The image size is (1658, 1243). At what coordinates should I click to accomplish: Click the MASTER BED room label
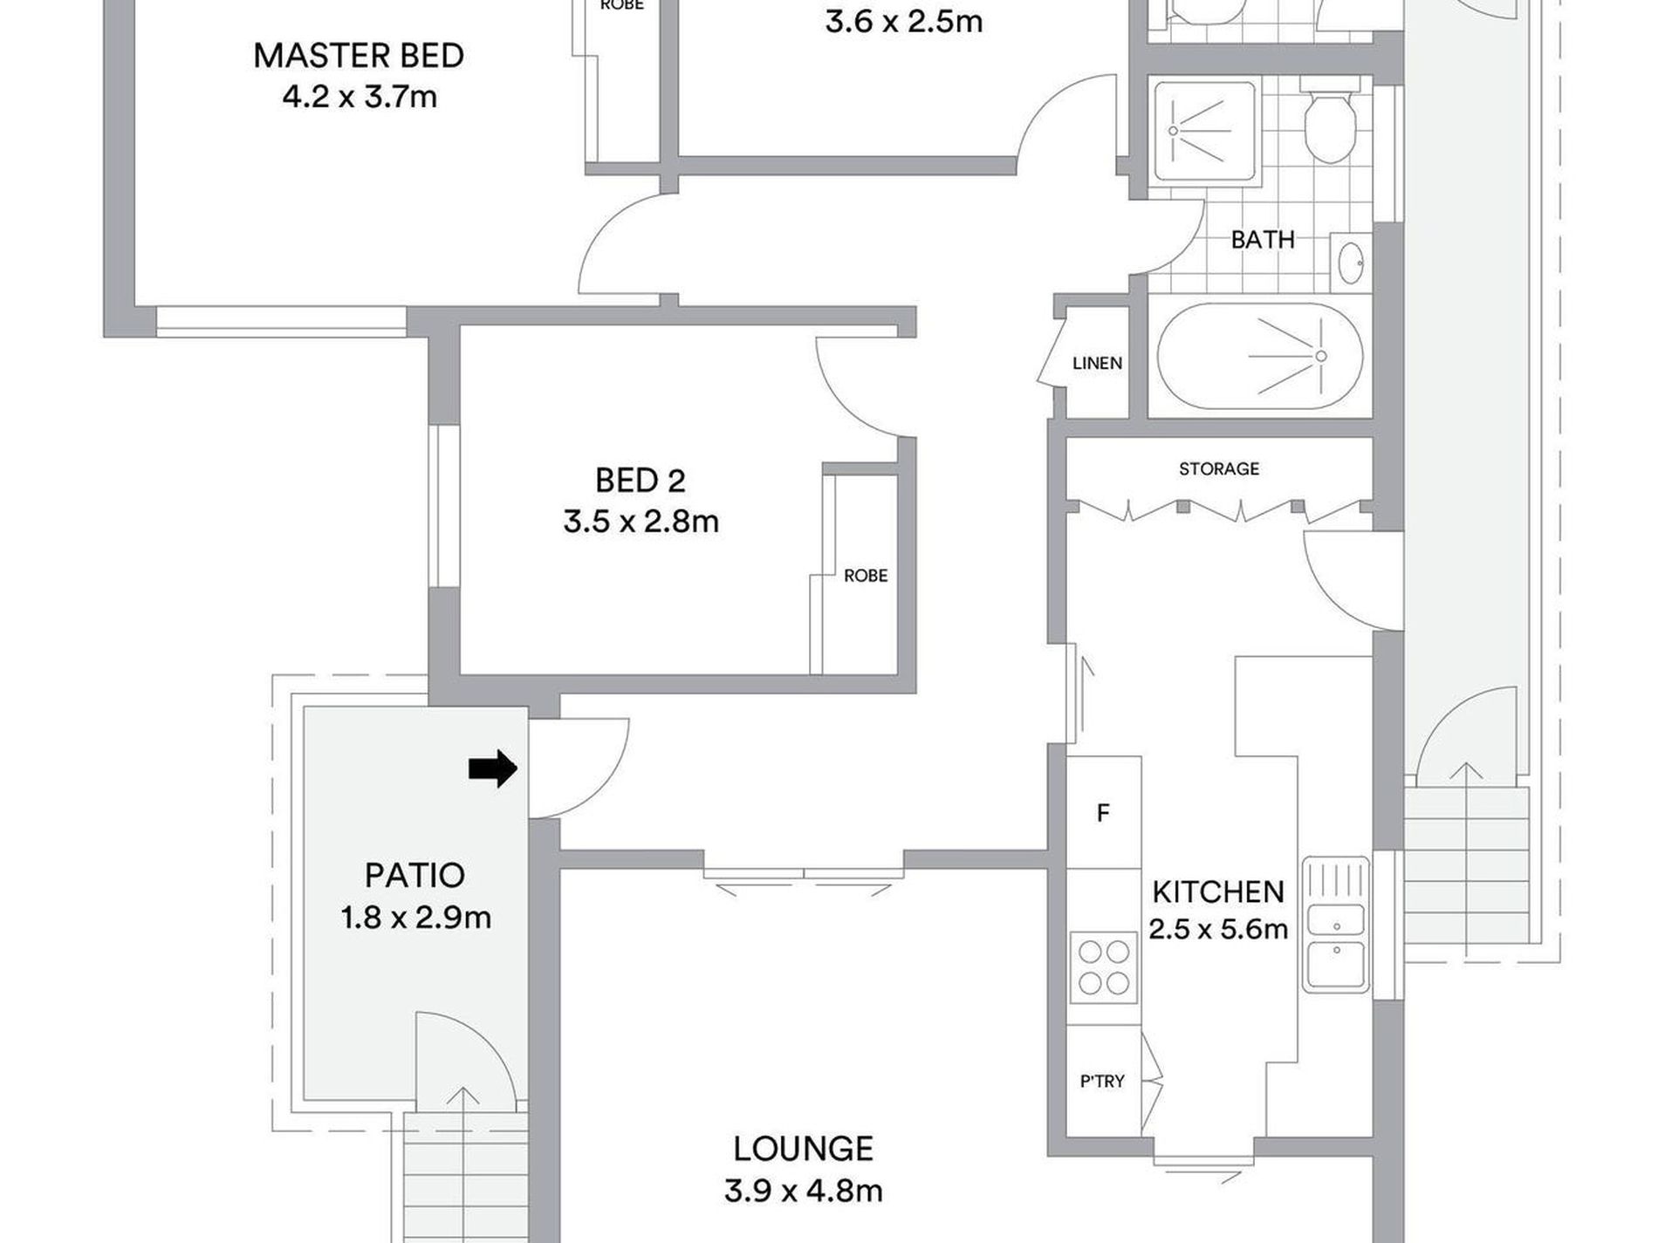pos(358,56)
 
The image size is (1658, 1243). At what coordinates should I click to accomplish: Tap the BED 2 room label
pos(641,481)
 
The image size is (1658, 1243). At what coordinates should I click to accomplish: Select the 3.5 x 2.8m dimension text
pos(641,522)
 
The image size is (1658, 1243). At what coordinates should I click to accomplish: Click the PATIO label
pos(414,875)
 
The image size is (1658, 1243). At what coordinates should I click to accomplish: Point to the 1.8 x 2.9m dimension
pos(416,918)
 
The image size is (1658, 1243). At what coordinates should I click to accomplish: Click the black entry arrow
pos(493,768)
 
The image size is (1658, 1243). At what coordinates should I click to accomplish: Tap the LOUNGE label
pos(803,1149)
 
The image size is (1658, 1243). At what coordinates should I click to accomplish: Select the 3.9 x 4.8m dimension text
pos(803,1191)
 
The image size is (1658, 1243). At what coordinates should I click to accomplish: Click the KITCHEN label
pos(1218,891)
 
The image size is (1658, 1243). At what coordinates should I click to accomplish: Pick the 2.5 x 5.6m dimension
pos(1218,929)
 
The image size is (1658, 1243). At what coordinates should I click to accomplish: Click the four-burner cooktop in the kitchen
pos(1104,966)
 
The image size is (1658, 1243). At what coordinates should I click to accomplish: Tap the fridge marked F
pos(1103,812)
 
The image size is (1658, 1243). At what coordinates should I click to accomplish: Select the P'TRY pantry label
pos(1102,1082)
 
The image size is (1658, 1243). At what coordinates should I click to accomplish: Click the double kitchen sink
pos(1335,925)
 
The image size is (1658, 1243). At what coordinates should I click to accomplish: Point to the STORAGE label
pos(1219,469)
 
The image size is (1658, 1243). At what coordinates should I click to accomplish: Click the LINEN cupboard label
pos(1097,363)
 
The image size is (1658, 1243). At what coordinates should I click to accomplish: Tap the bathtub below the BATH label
pos(1259,357)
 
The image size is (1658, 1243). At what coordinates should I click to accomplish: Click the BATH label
pos(1262,239)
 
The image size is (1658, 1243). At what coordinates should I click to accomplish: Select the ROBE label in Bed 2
pos(866,576)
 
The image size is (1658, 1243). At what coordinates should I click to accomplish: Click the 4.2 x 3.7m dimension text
pos(360,97)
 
